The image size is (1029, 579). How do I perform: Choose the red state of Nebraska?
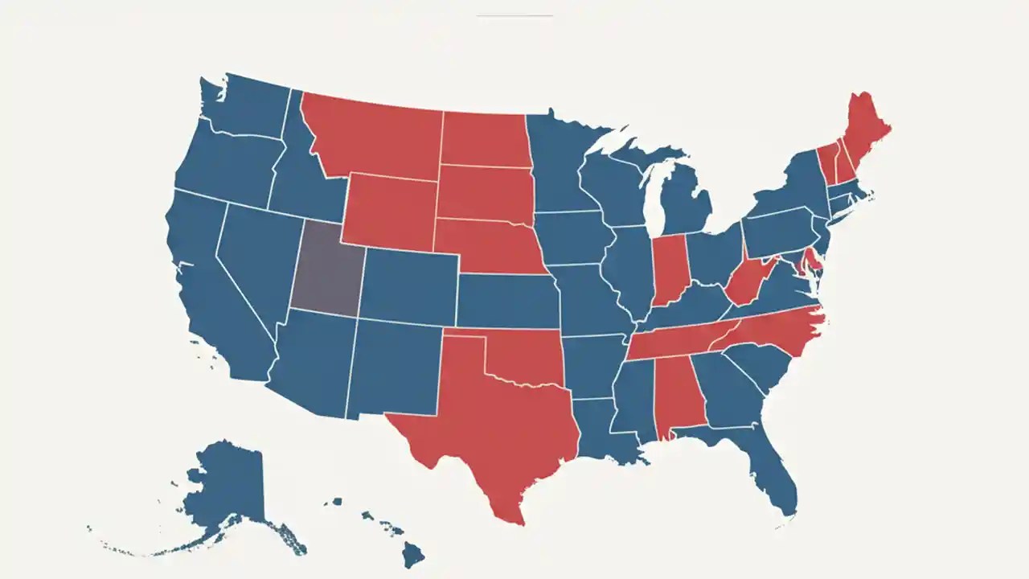pos(490,245)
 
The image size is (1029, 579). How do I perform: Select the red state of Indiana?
pos(669,269)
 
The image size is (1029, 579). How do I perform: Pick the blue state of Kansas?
pos(506,302)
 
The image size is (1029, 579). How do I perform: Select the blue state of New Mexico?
pos(394,366)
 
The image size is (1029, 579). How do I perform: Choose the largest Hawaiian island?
pos(413,553)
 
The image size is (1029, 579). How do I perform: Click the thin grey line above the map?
pos(514,15)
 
